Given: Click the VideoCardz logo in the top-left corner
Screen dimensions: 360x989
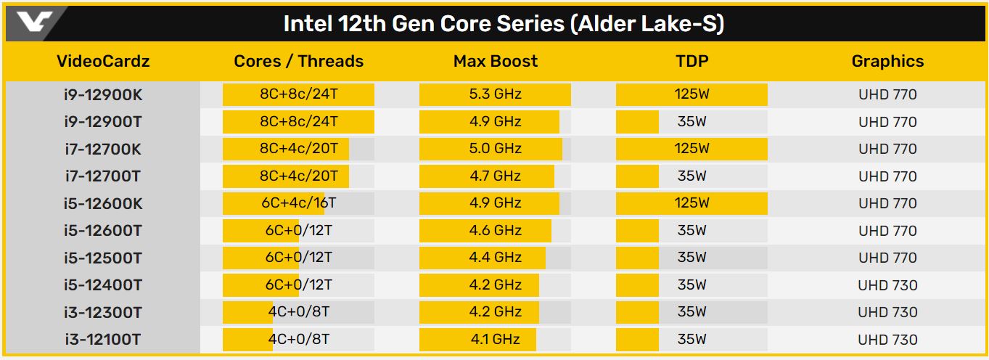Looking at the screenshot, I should tap(35, 23).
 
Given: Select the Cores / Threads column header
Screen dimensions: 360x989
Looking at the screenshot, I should tap(298, 62).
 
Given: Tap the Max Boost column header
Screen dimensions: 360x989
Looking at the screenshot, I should tap(496, 62).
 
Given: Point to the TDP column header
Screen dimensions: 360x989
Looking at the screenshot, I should tap(692, 62).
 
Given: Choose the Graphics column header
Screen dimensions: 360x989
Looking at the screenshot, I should tap(887, 62).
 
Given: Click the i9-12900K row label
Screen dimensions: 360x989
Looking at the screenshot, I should tap(103, 94).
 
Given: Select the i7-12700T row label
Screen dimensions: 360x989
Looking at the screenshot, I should tap(103, 176).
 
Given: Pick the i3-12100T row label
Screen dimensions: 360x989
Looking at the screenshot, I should tap(103, 340).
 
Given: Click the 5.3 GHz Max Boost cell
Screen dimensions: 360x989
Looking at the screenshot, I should tap(496, 94).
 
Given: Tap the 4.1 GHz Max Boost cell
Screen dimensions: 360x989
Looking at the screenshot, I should tap(496, 340).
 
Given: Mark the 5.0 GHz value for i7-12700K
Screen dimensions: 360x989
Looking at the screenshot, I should tap(496, 149).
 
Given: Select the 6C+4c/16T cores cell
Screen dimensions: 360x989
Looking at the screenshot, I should tap(298, 203).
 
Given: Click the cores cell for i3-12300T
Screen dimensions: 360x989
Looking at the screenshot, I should tap(298, 312).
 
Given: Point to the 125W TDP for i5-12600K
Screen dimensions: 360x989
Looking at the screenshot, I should tap(692, 203).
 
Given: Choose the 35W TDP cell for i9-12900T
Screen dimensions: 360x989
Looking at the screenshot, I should tap(692, 122).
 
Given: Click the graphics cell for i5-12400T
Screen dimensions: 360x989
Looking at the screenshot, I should tap(887, 285).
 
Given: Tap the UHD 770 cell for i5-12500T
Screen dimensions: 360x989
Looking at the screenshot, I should tap(887, 258).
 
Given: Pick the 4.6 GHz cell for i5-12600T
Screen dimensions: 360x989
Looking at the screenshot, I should tap(496, 231).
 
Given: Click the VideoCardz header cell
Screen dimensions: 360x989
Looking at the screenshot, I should tap(103, 62).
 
